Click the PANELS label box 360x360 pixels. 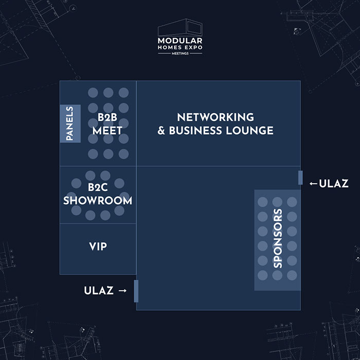(x=70, y=123)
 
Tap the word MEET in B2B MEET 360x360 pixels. (x=107, y=131)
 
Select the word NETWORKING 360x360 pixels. (x=215, y=117)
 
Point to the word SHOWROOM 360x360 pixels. (x=98, y=201)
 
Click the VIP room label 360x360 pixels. (x=98, y=247)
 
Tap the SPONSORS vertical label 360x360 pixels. (x=278, y=238)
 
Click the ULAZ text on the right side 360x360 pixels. (x=334, y=184)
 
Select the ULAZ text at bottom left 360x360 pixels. (x=98, y=291)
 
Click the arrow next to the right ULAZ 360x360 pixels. (x=313, y=184)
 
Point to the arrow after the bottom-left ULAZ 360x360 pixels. (x=122, y=291)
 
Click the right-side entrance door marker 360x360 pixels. (x=300, y=177)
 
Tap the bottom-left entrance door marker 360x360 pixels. (x=136, y=291)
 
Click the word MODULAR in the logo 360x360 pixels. (x=180, y=40)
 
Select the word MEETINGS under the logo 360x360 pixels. (x=180, y=53)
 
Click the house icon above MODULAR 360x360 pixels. (x=180, y=28)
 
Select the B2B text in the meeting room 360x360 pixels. (x=107, y=117)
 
